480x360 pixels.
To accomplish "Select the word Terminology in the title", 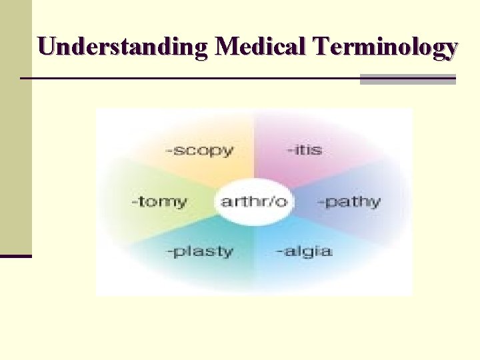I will click(x=387, y=48).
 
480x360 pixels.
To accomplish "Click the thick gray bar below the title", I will click(x=407, y=79).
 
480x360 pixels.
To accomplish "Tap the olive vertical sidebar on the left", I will click(x=15, y=127).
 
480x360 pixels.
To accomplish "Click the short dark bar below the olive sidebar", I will click(x=15, y=255).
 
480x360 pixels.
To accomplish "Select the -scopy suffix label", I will click(x=199, y=150).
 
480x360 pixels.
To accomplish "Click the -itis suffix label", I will click(x=304, y=149).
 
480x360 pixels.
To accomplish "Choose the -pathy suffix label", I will click(x=349, y=201).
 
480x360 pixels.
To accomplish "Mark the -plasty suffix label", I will click(x=199, y=252).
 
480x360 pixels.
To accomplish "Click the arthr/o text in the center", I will click(x=253, y=201).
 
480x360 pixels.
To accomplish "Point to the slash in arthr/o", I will click(x=270, y=200).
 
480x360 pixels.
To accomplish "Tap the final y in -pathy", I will click(x=376, y=203).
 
